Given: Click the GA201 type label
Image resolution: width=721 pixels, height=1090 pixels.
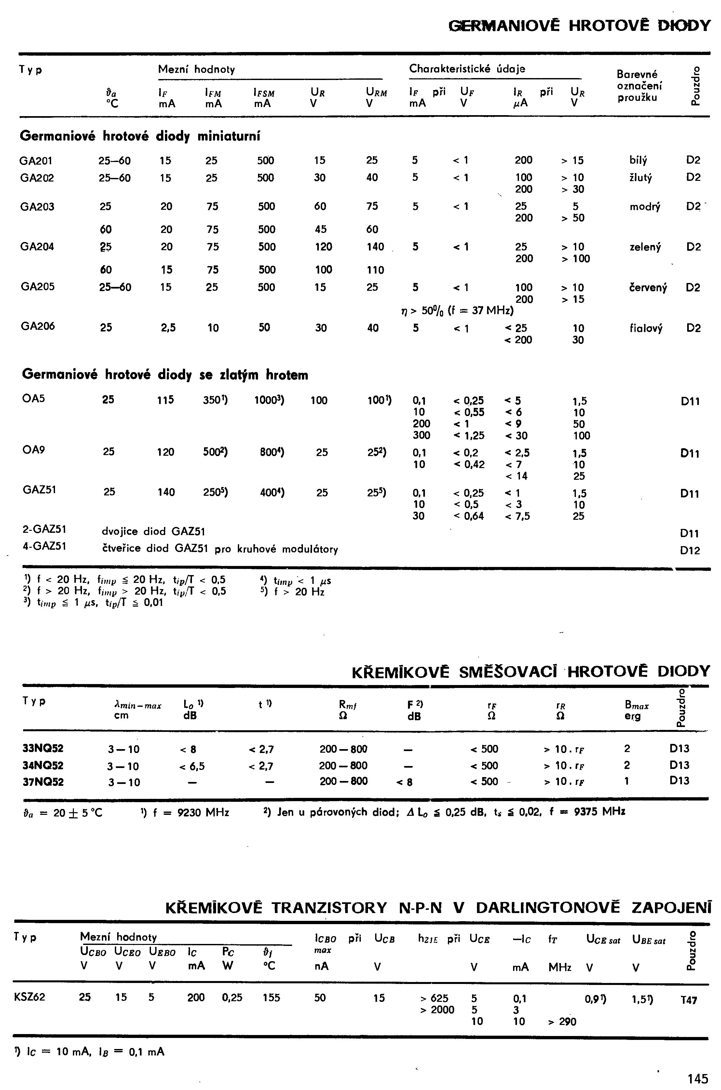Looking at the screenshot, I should tap(36, 160).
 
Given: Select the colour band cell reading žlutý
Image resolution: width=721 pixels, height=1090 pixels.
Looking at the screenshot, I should tap(641, 178).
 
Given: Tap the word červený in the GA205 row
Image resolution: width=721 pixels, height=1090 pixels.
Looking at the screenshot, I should tap(648, 287).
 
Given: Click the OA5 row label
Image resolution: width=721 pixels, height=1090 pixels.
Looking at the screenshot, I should tap(34, 398).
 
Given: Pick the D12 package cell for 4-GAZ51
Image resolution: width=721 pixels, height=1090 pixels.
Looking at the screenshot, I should tap(690, 550).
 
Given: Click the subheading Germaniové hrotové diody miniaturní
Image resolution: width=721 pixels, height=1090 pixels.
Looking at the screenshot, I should tap(140, 137).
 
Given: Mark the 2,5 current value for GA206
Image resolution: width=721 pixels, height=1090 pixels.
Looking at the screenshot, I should tap(168, 328).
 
